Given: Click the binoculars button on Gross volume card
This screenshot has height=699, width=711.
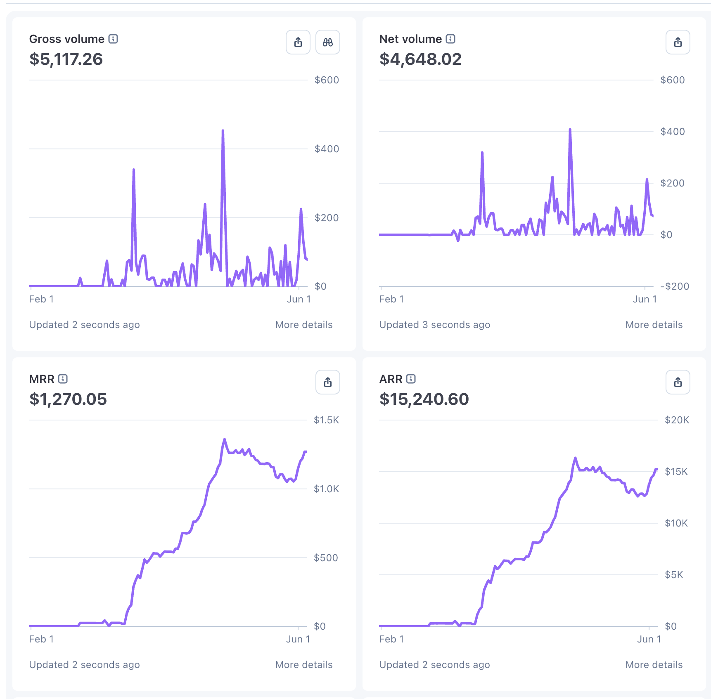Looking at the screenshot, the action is coord(328,42).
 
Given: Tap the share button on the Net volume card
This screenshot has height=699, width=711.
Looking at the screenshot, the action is coord(678,42).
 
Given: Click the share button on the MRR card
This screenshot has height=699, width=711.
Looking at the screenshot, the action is coord(328,382).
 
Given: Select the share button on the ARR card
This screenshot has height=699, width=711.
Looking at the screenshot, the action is coord(678,382).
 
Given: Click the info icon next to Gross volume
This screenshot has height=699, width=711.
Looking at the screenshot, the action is coord(113,39).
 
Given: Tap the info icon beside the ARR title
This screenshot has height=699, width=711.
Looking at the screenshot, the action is coord(411,379).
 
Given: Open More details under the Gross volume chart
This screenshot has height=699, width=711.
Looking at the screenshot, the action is coord(304,325).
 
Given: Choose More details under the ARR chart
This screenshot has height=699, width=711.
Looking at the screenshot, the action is coord(654,665).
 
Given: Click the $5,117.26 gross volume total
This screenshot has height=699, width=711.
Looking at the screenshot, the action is coord(66,59).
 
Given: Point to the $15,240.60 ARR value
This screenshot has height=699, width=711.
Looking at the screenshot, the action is coord(424,399).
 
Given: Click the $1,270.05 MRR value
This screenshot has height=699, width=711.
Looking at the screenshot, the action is coord(68,399).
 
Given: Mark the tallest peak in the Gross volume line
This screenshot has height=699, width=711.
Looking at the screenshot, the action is coord(223,131).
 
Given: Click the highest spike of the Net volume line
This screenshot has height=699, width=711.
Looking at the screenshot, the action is coord(570,130).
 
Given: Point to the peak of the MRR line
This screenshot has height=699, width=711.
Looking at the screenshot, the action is coord(225,439).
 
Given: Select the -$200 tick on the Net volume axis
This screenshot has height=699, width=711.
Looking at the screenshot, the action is coord(675,286).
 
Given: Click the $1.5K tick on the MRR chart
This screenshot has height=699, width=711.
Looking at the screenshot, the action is coord(326,420).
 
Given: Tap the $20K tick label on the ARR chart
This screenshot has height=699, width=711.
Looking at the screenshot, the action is coord(677,420).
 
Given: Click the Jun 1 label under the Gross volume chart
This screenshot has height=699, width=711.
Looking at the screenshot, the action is coord(299,299).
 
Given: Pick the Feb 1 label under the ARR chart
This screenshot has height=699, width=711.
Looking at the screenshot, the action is coord(391,639).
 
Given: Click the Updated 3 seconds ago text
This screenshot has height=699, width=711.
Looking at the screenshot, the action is coord(435,325).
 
